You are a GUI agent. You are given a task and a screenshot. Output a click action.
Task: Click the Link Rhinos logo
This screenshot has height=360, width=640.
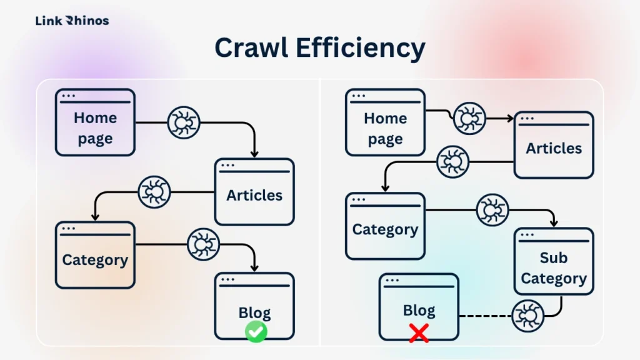(x=72, y=21)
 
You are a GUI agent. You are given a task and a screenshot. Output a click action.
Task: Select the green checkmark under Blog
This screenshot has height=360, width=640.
(x=256, y=332)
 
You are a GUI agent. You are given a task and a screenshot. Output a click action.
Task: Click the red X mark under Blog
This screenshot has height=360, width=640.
(x=419, y=333)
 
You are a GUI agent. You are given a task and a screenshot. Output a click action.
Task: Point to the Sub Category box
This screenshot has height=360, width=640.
(x=554, y=261)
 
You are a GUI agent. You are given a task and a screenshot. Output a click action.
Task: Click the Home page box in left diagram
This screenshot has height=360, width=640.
(x=95, y=122)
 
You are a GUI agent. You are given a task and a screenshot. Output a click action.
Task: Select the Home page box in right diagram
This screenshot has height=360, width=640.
(x=385, y=122)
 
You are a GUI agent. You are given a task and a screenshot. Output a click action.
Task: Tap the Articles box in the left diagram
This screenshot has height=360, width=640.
(x=254, y=192)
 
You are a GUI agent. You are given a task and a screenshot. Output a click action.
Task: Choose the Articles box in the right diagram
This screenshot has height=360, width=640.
(x=554, y=145)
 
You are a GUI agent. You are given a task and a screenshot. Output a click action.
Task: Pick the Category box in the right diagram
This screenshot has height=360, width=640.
(x=385, y=226)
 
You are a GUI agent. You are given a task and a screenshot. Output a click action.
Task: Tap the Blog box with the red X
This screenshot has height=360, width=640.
(x=419, y=306)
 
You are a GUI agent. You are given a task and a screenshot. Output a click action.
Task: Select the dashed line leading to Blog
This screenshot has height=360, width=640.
(x=485, y=316)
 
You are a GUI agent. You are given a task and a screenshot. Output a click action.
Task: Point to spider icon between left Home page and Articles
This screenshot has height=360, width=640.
(x=184, y=122)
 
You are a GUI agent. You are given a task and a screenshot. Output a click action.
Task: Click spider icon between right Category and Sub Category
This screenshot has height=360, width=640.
(x=492, y=209)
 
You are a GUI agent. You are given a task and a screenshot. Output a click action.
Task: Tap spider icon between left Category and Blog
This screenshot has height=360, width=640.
(x=204, y=244)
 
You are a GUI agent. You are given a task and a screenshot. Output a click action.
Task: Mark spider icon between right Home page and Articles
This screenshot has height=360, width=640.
(x=469, y=118)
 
